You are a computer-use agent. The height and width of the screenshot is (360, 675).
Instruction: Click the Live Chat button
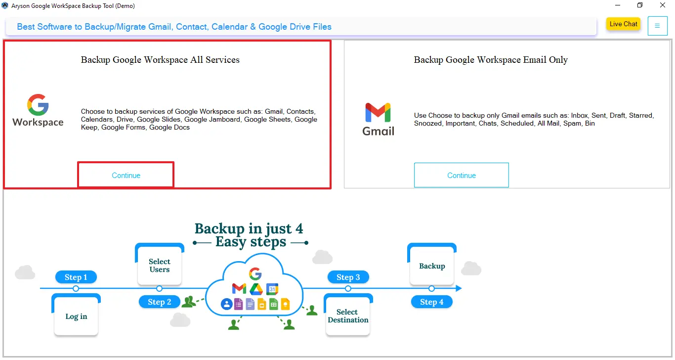coord(623,24)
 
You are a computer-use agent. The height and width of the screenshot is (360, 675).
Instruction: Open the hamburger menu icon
coord(657,26)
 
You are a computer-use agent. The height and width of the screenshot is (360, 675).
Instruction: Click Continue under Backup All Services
coord(126,175)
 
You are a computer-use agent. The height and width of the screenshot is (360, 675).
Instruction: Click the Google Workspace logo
coord(38,111)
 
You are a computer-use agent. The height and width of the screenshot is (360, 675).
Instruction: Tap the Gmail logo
coord(379,119)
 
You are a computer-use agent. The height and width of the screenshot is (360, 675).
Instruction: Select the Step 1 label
coord(76,277)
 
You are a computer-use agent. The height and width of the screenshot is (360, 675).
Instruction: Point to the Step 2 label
coord(159,302)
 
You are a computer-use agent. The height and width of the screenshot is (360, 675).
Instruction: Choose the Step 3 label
coord(348,277)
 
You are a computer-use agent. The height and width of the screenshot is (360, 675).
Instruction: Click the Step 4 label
coord(431,302)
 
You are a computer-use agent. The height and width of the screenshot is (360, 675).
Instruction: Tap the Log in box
coord(76,316)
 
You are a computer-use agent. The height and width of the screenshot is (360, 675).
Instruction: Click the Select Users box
coord(159,266)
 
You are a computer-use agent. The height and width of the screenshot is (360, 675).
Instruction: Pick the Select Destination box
coord(348,316)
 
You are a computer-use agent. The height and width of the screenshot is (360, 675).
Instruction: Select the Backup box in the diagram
coord(432,266)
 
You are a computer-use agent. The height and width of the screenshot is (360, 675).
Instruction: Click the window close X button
coord(663,5)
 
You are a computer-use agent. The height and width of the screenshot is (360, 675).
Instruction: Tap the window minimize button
coord(618,5)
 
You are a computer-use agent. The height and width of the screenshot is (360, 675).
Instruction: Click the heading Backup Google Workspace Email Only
coord(491,60)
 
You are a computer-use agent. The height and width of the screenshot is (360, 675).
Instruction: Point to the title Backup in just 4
coord(249,229)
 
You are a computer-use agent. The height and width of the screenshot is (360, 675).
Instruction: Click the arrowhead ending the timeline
coord(459,288)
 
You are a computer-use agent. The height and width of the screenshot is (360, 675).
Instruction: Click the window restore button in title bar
coord(640,5)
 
